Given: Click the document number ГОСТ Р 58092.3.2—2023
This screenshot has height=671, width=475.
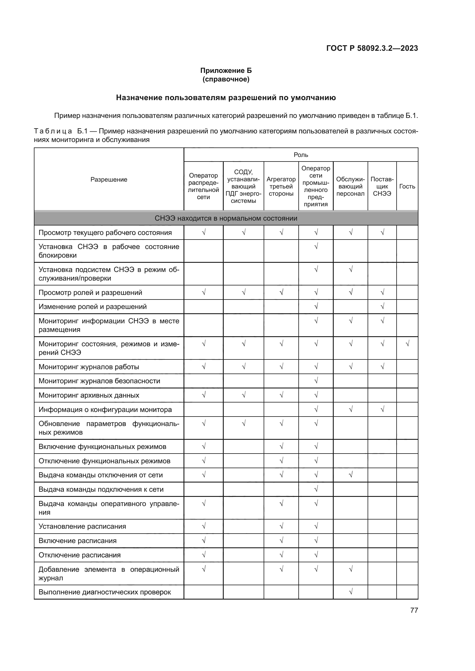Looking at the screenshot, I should [x=372, y=48].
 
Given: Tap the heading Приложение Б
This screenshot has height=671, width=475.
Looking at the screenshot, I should [x=226, y=71].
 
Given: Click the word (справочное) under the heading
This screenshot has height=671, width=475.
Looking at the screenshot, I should [x=226, y=79].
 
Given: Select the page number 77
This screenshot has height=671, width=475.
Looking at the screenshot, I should [x=414, y=610].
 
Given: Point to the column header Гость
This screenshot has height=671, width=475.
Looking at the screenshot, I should [x=407, y=186].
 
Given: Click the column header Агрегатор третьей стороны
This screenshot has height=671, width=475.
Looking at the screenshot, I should [x=281, y=186].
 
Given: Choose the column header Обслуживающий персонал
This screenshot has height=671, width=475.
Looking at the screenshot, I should [x=350, y=186].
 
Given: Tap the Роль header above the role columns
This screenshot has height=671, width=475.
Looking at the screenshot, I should [x=301, y=155].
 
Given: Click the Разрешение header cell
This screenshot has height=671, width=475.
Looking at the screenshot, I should [x=109, y=179].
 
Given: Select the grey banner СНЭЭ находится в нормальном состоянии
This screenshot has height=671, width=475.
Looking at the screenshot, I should [x=226, y=218].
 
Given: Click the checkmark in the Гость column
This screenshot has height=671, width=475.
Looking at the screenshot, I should [x=407, y=344].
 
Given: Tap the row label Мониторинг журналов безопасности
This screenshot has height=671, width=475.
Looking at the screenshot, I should [x=99, y=381].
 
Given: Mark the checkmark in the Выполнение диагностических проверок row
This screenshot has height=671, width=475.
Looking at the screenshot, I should [x=350, y=592].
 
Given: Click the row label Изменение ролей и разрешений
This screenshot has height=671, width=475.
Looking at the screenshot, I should [x=92, y=307].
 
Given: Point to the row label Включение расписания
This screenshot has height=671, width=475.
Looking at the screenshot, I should [x=78, y=541].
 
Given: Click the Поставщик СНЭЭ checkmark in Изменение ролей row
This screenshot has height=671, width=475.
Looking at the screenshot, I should [x=382, y=306].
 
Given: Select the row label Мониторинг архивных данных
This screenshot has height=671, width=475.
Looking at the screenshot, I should [x=89, y=395].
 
